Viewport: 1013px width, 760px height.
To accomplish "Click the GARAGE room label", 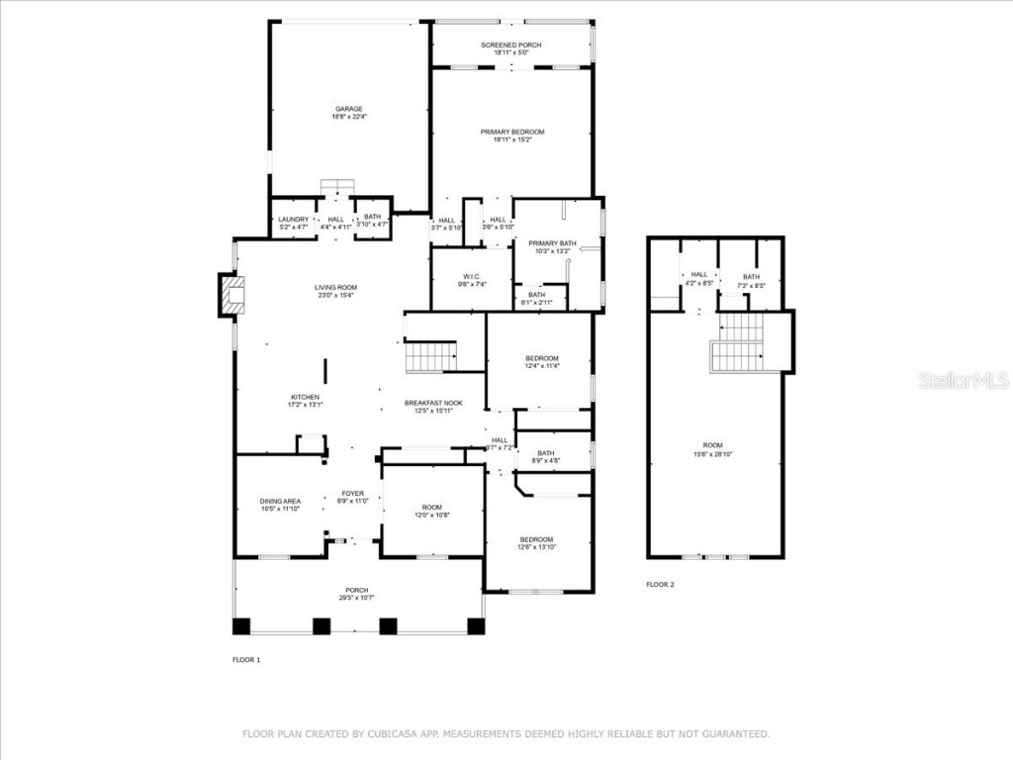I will pyautogui.click(x=348, y=109).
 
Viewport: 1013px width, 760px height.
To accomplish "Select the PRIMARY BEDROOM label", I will pyautogui.click(x=512, y=132).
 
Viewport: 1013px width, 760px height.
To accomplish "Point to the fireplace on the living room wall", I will pyautogui.click(x=231, y=296).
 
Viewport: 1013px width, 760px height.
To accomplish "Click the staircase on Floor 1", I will pyautogui.click(x=430, y=356).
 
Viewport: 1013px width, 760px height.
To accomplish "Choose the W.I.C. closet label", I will pyautogui.click(x=472, y=276).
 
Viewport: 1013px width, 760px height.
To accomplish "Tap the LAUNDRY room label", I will pyautogui.click(x=294, y=219).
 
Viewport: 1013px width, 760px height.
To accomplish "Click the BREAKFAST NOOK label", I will pyautogui.click(x=433, y=403).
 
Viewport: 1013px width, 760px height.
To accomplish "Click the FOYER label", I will pyautogui.click(x=353, y=493).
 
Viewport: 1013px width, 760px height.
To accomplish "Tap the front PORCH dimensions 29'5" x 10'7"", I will pyautogui.click(x=356, y=598).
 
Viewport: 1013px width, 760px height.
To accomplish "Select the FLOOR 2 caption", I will pyautogui.click(x=660, y=585).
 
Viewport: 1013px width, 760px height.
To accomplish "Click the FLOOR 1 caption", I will pyautogui.click(x=245, y=659).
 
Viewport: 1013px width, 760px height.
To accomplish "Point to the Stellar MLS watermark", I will pyautogui.click(x=963, y=380).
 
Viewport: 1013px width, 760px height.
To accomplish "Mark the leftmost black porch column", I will pyautogui.click(x=242, y=625).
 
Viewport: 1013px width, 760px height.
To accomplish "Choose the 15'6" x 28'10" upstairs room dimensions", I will pyautogui.click(x=712, y=454).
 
